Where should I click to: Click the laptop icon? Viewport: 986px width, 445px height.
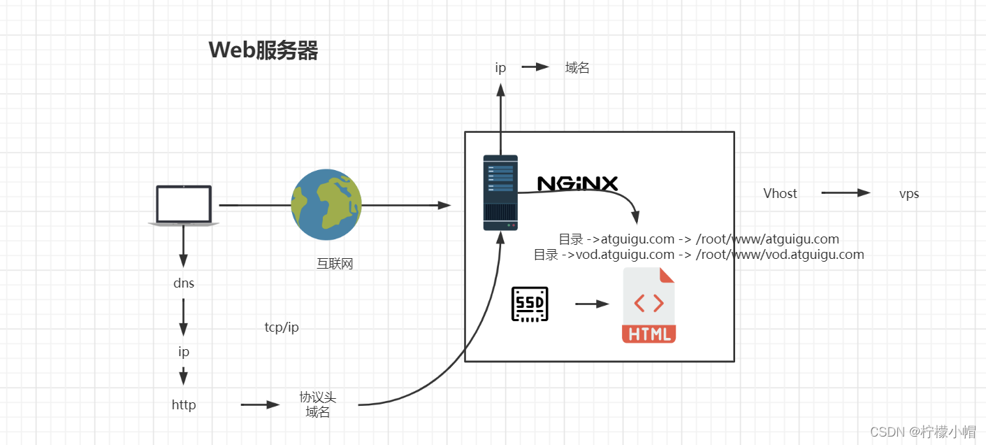184,205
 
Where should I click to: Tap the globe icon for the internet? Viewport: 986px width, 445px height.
326,204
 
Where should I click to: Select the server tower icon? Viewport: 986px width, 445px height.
500,192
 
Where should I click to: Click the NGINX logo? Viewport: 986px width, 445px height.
577,183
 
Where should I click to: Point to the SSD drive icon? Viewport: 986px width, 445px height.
530,304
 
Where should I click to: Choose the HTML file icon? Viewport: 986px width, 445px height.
648,305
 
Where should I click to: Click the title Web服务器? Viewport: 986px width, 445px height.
263,50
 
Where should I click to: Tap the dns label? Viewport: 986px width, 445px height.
184,283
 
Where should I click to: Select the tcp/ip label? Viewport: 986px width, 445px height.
282,327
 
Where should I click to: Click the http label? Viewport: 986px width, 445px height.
184,405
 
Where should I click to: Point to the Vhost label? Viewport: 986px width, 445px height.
780,193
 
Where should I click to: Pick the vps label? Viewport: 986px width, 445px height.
909,194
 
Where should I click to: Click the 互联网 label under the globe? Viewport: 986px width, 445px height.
335,264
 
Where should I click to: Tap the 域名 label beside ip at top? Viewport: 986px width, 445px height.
577,68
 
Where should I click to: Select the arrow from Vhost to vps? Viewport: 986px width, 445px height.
846,193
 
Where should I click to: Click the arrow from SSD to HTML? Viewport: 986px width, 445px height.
592,304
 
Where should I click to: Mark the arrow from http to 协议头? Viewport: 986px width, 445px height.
260,405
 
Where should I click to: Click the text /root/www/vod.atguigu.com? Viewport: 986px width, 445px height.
781,255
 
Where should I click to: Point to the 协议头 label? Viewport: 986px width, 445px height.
318,397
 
